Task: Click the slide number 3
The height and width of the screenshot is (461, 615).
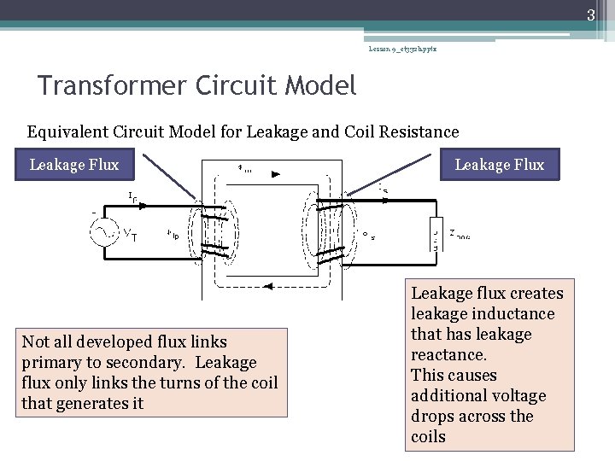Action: coord(589,15)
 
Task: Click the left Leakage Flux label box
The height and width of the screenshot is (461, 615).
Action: coord(74,165)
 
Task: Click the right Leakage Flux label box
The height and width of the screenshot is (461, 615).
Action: coord(499,165)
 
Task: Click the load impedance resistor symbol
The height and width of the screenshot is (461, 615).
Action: coord(436,233)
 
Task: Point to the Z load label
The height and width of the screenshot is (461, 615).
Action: coord(460,235)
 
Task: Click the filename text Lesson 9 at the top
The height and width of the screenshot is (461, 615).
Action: coord(401,50)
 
